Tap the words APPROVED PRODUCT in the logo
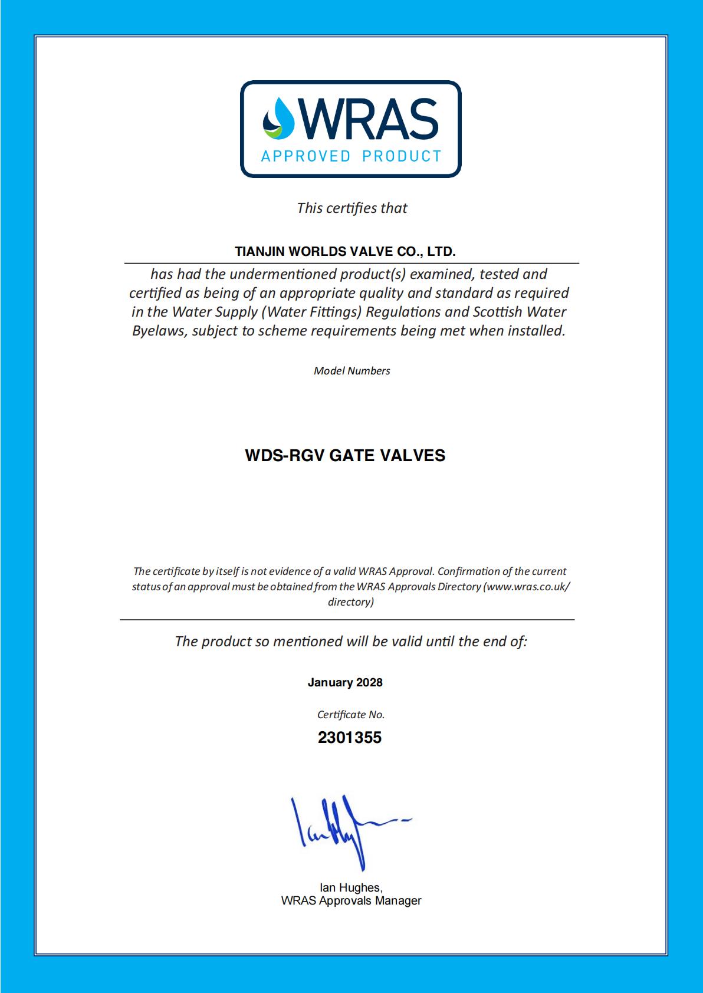351,156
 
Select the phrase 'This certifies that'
352,208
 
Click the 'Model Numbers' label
352,371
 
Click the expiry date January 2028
345,683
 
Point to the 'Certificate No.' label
351,715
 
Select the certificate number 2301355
350,738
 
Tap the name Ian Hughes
351,887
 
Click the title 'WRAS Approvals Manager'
351,901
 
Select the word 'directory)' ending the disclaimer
351,602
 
